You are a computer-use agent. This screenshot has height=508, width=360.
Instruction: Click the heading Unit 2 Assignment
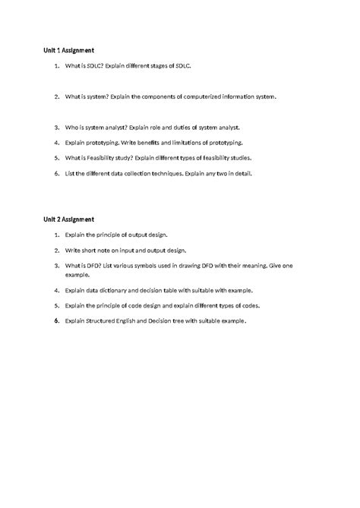coord(68,220)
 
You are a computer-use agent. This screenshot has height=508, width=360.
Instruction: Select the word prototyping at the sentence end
coord(225,143)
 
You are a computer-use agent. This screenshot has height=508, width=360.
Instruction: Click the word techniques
coord(166,173)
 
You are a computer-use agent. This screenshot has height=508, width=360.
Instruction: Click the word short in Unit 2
coord(90,250)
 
